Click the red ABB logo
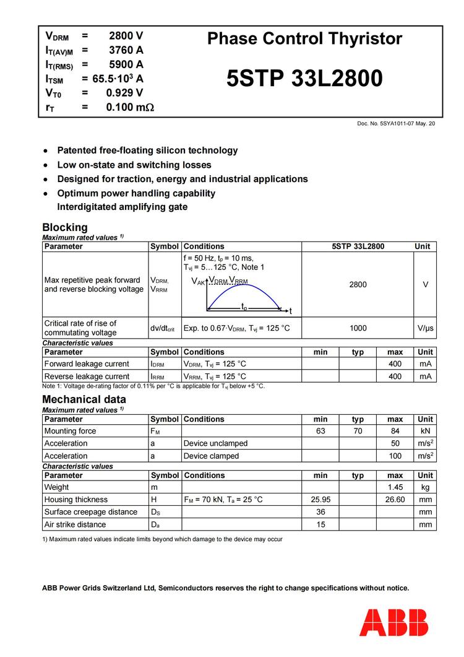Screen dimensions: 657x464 coord(393,622)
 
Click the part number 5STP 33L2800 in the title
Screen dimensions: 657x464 coord(304,79)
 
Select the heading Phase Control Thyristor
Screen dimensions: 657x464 coord(304,39)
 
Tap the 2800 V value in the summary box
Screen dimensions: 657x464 coord(126,36)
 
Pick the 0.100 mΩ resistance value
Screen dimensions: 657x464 coord(129,107)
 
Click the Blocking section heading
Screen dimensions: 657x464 coord(65,227)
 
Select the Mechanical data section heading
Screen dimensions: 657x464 coord(84,399)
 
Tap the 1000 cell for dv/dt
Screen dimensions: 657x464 coord(358,328)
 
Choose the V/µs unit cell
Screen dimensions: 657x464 coord(425,328)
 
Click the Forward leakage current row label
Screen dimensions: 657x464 coord(87,364)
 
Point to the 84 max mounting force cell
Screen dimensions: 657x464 coord(395,431)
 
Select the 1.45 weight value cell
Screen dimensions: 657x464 coord(395,487)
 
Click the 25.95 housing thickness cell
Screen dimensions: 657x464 coord(320,500)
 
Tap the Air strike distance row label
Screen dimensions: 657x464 coord(75,524)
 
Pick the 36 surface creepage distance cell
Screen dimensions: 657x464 coord(320,512)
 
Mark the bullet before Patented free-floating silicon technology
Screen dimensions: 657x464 coord(45,151)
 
